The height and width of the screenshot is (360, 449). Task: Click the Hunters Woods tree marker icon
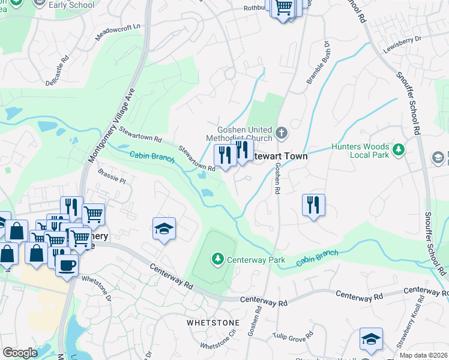(398, 149)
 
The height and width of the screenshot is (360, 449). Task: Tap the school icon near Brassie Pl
(164, 229)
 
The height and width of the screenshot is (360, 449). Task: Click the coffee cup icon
(67, 265)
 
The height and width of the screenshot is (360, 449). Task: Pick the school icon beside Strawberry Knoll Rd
(371, 340)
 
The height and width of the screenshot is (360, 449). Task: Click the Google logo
(20, 353)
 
